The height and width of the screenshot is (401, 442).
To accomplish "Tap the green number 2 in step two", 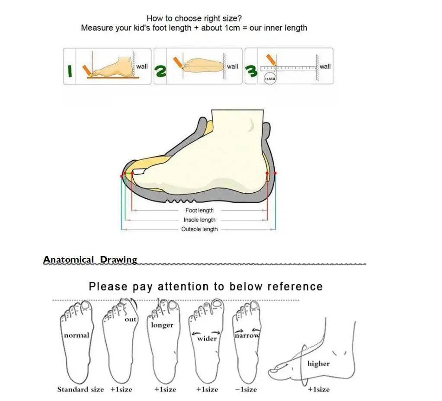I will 160,72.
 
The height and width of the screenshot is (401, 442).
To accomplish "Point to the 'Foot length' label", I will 199,210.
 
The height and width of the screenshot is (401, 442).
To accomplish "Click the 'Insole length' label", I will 199,220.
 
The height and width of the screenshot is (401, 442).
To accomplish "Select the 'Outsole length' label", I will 199,229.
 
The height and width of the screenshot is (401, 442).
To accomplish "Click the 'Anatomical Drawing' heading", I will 90,260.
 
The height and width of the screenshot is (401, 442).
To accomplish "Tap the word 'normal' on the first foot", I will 77,335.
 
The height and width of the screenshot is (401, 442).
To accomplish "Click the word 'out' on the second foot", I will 130,319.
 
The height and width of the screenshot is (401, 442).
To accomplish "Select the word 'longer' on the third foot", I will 162,325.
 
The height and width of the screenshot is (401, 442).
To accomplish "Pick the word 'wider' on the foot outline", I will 207,338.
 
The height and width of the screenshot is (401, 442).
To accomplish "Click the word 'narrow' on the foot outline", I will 247,335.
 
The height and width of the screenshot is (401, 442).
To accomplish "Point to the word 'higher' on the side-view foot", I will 318,364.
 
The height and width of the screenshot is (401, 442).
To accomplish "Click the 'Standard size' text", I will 80,389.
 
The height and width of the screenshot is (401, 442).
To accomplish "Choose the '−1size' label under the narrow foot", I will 246,389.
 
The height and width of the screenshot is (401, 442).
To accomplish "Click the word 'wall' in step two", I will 233,66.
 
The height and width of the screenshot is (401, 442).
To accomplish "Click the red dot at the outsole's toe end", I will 122,176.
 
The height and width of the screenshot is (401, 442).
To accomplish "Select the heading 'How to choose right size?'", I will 194,18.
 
